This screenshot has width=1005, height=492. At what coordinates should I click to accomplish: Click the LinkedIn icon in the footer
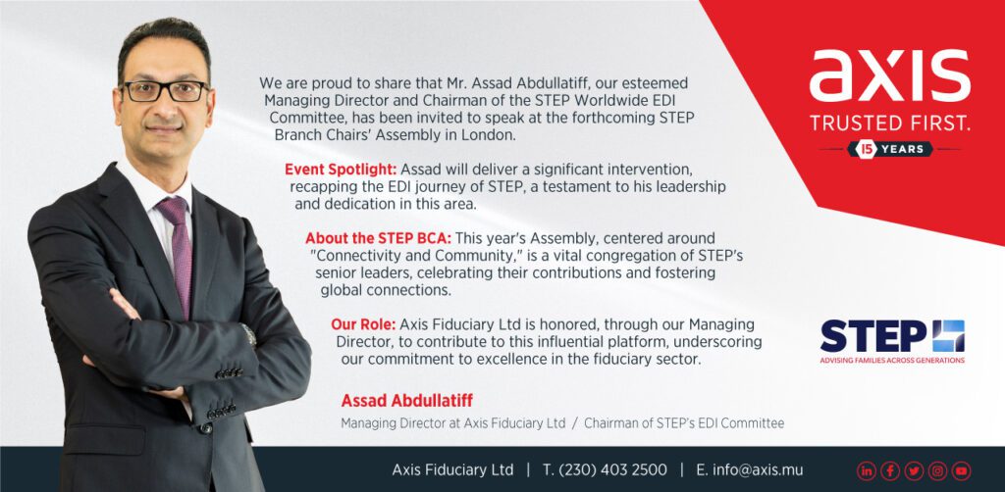(x=866, y=470)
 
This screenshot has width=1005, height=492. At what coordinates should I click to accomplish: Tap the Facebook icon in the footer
(x=889, y=470)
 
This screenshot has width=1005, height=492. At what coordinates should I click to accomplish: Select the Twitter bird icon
(x=914, y=470)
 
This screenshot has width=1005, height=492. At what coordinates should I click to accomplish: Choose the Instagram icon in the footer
(x=937, y=470)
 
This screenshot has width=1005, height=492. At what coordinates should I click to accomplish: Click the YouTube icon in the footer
(x=961, y=470)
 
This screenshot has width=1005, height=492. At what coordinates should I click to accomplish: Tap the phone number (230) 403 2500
(x=612, y=469)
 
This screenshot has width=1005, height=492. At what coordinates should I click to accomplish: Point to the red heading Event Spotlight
(x=341, y=170)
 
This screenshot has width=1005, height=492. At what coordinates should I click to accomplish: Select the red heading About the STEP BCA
(x=378, y=238)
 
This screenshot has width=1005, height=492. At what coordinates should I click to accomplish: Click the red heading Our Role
(x=363, y=324)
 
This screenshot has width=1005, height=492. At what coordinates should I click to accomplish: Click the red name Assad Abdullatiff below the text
(x=407, y=401)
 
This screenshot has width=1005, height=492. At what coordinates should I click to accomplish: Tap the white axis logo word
(x=889, y=75)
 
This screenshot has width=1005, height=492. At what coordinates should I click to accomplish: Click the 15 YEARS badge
(x=889, y=149)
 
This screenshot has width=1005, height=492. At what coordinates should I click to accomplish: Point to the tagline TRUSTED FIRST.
(x=889, y=123)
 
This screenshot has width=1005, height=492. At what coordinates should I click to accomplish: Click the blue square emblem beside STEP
(x=948, y=335)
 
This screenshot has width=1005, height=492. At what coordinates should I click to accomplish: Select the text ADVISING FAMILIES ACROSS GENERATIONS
(x=892, y=361)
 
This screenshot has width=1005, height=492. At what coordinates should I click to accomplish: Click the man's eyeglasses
(x=165, y=91)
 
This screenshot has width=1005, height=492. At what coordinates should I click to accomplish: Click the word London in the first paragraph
(x=493, y=135)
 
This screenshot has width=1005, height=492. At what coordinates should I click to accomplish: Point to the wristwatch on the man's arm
(x=248, y=334)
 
